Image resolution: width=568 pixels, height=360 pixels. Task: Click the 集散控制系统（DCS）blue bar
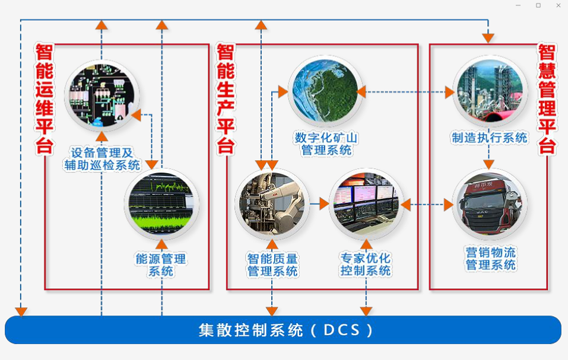click(283, 330)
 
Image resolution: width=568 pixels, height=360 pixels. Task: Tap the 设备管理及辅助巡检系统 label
click(102, 158)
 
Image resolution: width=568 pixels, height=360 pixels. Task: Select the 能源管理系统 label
click(161, 265)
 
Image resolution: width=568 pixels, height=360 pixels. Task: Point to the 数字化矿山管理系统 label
click(326, 144)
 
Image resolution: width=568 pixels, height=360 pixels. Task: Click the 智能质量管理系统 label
click(272, 265)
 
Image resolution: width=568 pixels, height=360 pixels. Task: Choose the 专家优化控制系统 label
click(366, 265)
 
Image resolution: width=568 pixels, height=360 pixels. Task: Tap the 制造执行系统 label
click(489, 138)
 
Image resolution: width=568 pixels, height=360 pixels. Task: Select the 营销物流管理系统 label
click(490, 259)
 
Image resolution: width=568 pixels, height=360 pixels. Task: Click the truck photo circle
click(490, 205)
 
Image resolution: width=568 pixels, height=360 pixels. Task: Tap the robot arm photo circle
click(272, 204)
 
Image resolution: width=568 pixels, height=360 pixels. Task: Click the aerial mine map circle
click(326, 92)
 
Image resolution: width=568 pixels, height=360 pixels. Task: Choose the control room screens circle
click(366, 204)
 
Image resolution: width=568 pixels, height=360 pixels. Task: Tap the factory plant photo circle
click(490, 92)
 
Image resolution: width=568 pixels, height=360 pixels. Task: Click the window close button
click(559, 5)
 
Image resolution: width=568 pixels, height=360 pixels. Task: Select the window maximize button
click(538, 5)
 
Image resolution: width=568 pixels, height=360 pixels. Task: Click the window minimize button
click(518, 5)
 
